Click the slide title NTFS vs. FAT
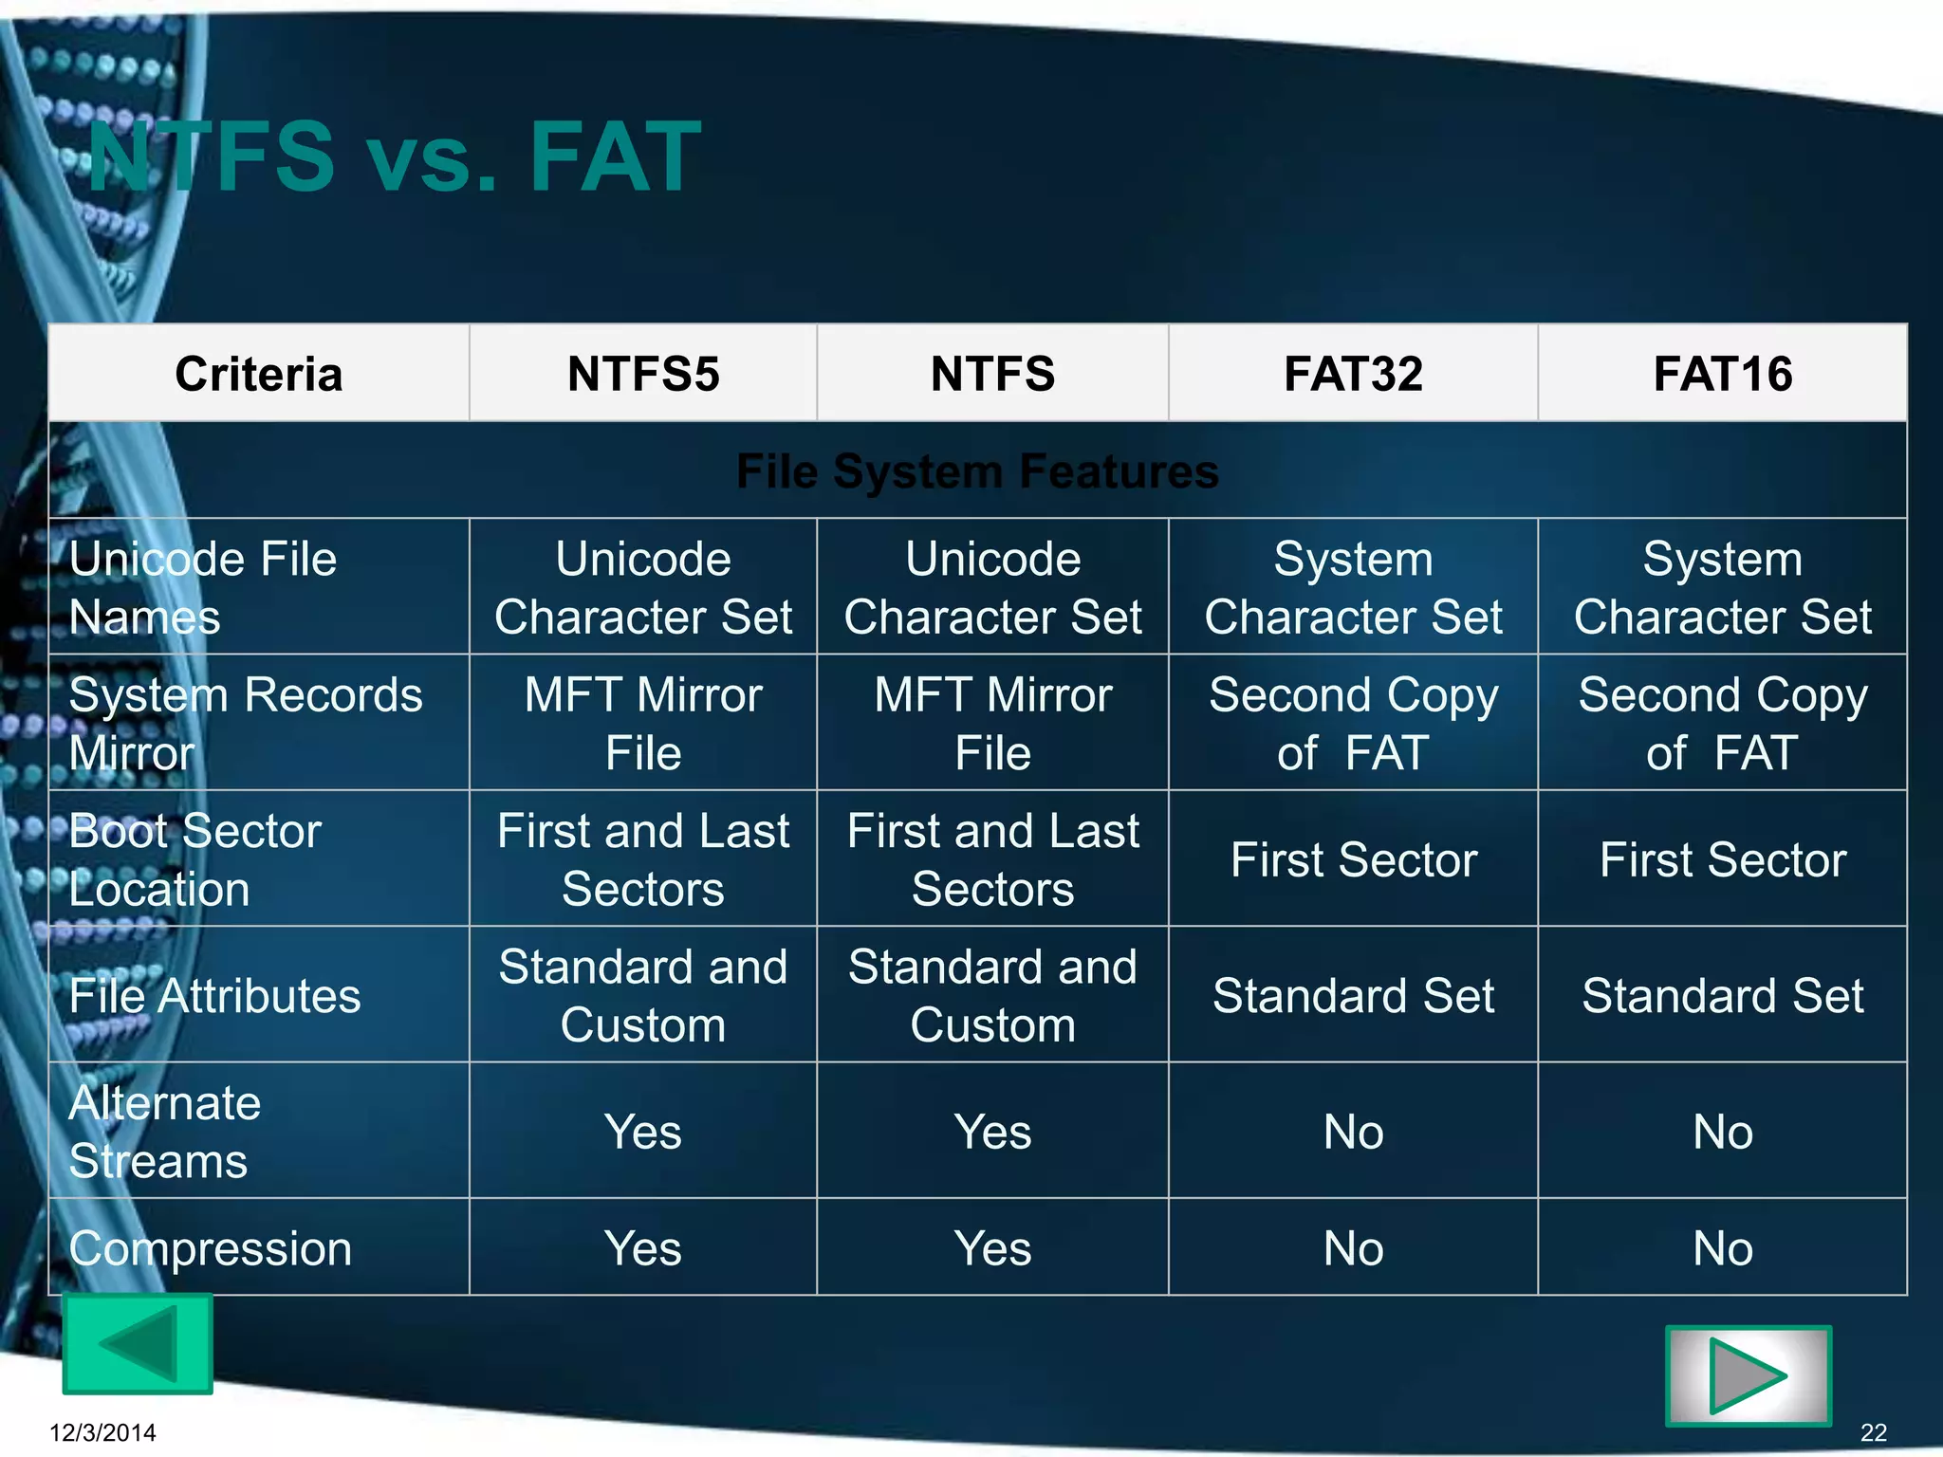pos(394,157)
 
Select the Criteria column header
pos(258,373)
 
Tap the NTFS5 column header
pos(643,373)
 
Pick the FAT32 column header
pos(1353,373)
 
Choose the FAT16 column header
pos(1722,373)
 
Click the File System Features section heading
pos(977,470)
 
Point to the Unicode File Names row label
pos(203,587)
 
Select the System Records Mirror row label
pos(245,723)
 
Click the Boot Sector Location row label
pos(195,859)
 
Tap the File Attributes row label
pos(214,995)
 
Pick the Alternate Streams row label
pos(165,1131)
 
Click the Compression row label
pos(210,1247)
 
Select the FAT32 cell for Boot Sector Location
pos(1353,859)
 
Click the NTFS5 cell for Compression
pos(643,1247)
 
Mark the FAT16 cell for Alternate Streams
pos(1722,1131)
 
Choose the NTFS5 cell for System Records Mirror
pos(643,723)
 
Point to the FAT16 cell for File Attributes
pos(1722,995)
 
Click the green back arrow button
pos(138,1343)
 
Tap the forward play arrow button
pos(1748,1375)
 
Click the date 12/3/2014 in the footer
pos(102,1432)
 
